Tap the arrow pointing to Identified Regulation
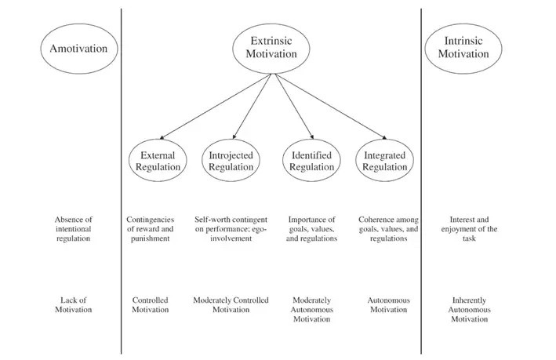[291, 107]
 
